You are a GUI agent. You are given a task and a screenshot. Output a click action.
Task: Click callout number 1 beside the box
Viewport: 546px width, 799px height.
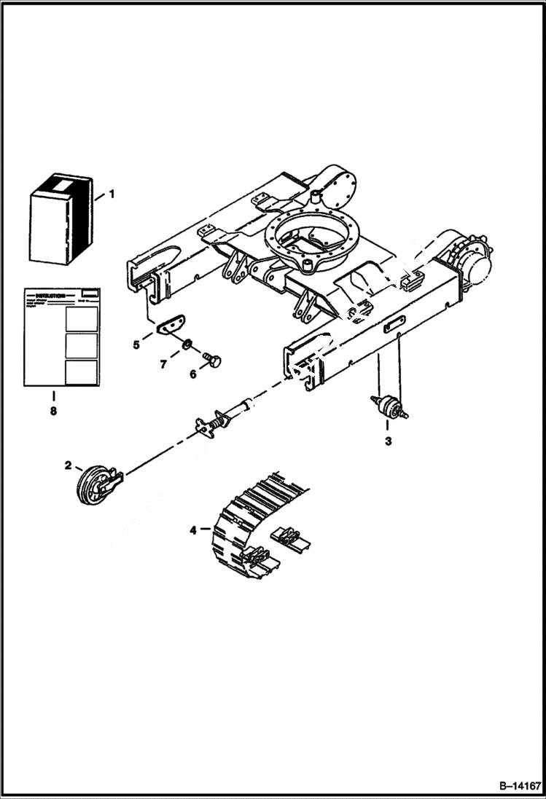112,194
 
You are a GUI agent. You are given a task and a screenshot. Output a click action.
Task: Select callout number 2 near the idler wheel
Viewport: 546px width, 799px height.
68,465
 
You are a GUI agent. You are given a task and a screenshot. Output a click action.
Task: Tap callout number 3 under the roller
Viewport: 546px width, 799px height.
388,441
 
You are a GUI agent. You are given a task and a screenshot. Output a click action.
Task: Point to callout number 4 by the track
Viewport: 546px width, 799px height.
193,530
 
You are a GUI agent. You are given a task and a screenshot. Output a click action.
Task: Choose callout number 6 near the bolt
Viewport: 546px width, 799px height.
192,374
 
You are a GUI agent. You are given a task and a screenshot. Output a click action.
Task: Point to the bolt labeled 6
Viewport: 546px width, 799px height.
214,359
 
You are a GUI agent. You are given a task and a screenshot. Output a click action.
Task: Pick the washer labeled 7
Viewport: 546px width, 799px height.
187,343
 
